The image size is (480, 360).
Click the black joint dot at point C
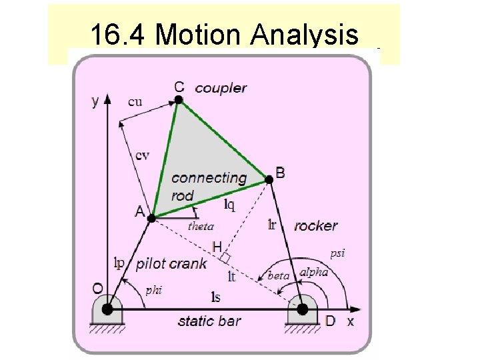(179, 100)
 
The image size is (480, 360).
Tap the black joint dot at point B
(269, 179)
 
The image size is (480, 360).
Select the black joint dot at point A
(151, 217)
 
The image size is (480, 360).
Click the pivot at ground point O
(108, 309)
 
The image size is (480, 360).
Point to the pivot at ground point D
(302, 309)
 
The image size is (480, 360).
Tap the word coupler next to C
(221, 87)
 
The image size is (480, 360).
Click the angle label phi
(153, 289)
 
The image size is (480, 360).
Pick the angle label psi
(338, 253)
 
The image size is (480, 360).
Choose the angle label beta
(278, 275)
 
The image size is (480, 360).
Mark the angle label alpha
(313, 272)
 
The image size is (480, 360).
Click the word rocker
(315, 225)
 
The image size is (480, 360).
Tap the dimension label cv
(142, 155)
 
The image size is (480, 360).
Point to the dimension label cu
(135, 102)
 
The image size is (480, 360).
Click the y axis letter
(95, 101)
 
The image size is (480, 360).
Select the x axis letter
(351, 321)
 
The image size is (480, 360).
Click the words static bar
(209, 321)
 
